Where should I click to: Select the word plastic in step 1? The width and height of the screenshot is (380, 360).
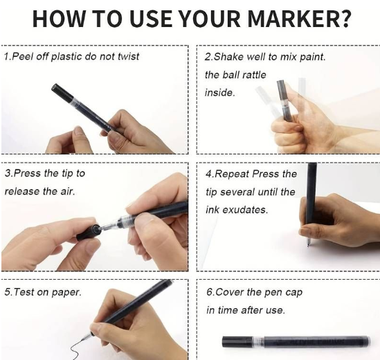pyautogui.click(x=66, y=57)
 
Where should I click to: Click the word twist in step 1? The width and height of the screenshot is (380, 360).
pyautogui.click(x=129, y=57)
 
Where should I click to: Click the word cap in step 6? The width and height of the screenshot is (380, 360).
pyautogui.click(x=293, y=293)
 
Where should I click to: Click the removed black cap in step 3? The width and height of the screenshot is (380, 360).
pyautogui.click(x=89, y=232)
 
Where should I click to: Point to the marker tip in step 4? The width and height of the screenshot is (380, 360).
pyautogui.click(x=308, y=242)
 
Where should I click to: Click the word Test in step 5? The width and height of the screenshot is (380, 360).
pyautogui.click(x=24, y=292)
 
